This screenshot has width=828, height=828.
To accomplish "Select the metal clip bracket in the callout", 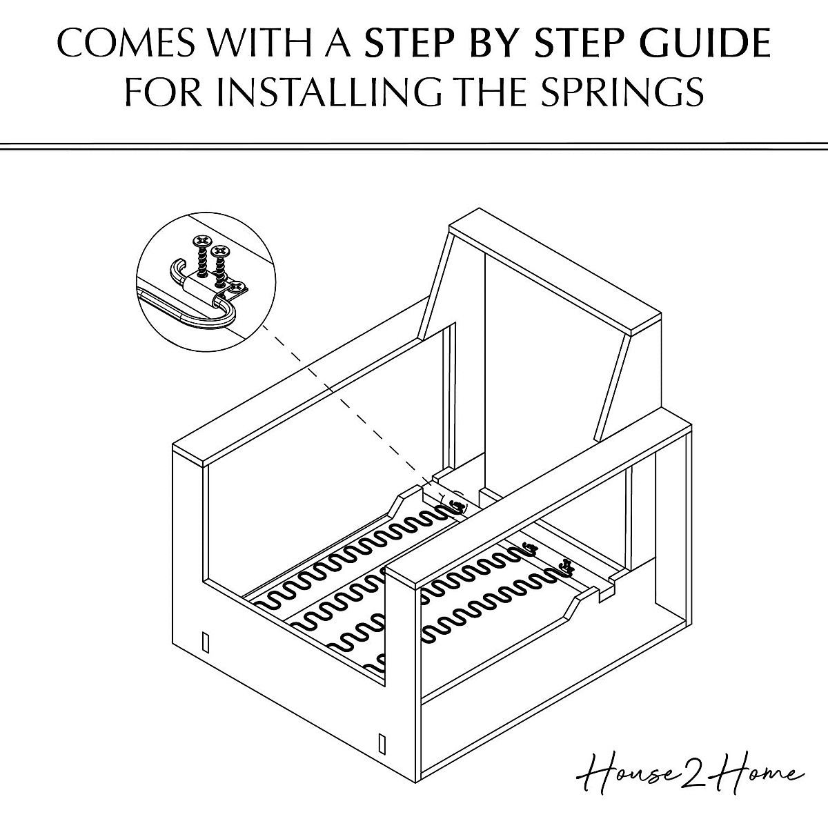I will [207, 285].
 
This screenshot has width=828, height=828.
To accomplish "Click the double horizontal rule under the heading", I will [414, 146].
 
